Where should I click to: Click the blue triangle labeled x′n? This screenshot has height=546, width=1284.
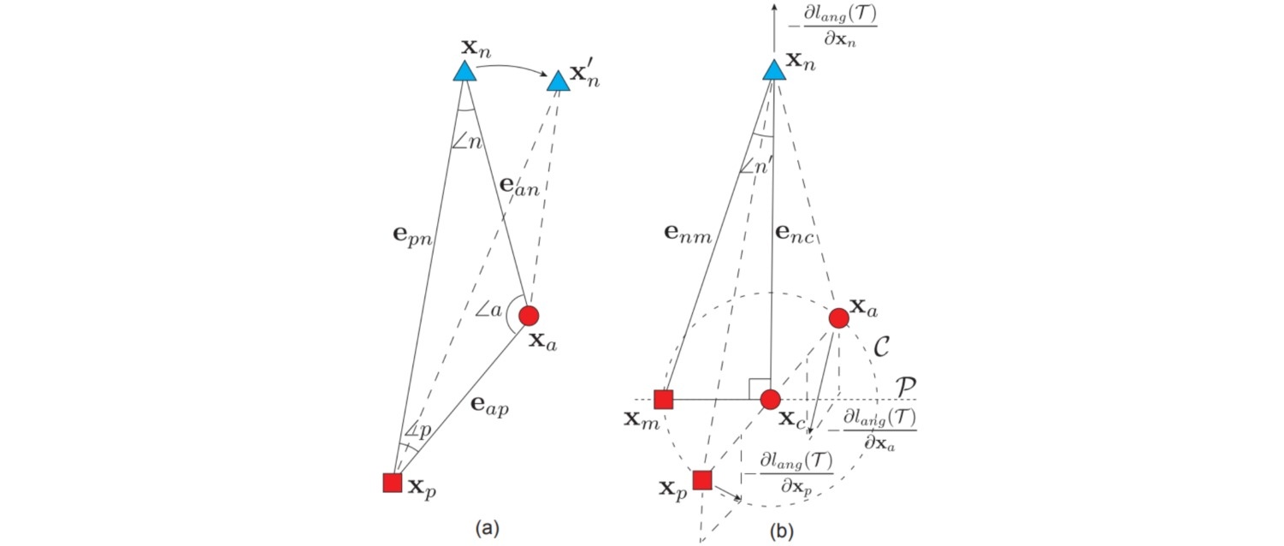[558, 81]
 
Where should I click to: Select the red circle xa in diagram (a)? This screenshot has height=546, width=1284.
[529, 315]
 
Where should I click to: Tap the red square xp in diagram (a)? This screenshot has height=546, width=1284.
[392, 483]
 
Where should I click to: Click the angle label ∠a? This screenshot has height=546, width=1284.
[488, 309]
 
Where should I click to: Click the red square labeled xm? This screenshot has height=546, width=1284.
[664, 399]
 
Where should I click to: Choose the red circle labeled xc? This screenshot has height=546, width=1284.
[770, 399]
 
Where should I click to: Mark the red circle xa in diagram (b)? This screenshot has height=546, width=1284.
[838, 318]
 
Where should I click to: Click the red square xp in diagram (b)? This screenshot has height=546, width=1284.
[701, 480]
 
